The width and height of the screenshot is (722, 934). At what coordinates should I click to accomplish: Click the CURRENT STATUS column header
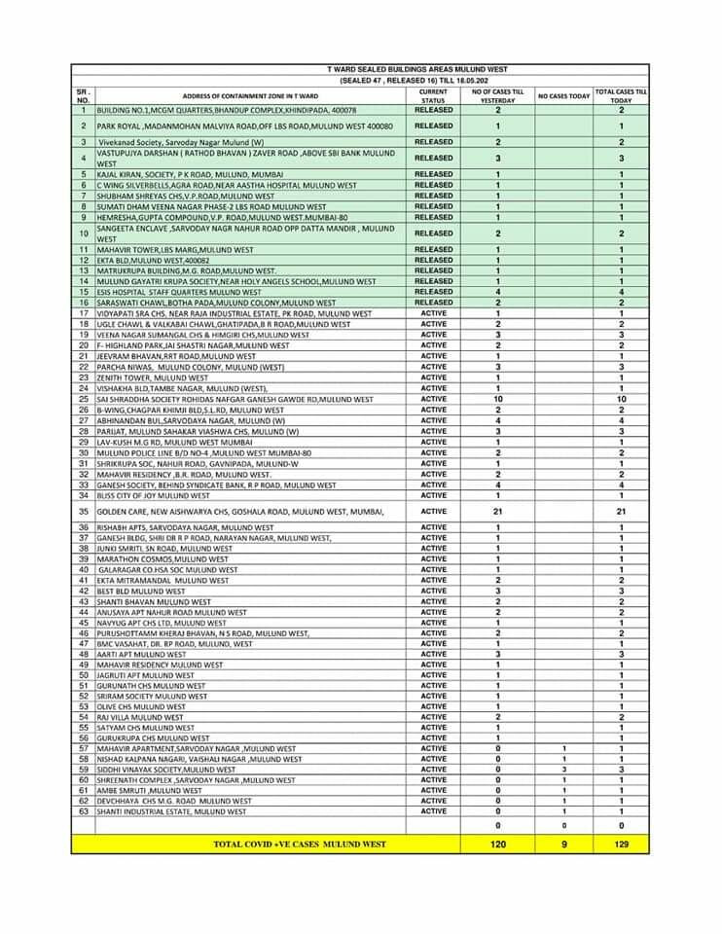433,95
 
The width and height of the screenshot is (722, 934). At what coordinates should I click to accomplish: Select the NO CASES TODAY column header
564,96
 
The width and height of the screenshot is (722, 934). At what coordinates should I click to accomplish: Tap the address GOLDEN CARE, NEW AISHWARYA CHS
240,511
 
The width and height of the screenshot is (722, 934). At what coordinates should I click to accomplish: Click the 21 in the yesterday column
497,511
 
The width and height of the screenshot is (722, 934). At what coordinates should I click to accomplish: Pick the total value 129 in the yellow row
621,844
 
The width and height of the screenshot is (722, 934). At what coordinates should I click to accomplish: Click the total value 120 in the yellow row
497,844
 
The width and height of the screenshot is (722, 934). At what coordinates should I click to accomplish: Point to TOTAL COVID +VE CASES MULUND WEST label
300,844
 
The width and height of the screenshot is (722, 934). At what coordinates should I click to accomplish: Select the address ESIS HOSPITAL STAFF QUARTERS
179,292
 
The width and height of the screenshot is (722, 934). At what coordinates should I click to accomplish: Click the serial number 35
83,511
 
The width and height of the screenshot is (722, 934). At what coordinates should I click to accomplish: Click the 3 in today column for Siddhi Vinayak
564,769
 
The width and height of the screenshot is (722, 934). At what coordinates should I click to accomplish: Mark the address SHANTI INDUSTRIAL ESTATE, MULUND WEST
171,811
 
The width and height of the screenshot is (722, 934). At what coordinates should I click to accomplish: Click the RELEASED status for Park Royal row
433,126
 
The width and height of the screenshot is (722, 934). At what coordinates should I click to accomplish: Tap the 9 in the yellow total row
564,844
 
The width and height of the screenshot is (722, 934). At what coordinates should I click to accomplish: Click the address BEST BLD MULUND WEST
140,591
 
